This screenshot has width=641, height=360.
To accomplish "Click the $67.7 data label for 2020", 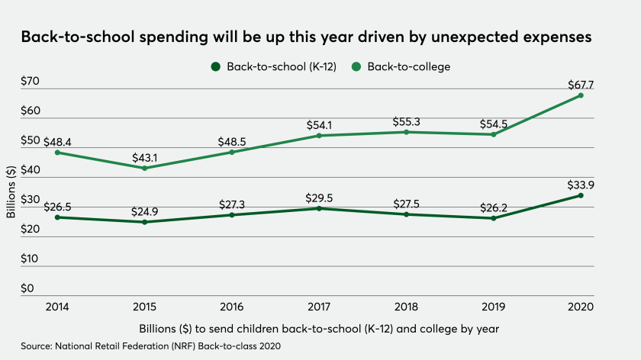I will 580,82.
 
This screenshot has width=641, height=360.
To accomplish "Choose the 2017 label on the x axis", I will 318,307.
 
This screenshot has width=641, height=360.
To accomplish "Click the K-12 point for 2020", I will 580,195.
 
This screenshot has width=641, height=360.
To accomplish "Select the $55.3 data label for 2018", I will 406,121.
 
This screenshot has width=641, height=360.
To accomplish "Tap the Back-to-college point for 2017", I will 319,136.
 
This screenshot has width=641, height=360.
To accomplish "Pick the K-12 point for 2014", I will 57,217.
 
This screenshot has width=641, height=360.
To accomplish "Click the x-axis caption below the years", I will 319,329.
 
